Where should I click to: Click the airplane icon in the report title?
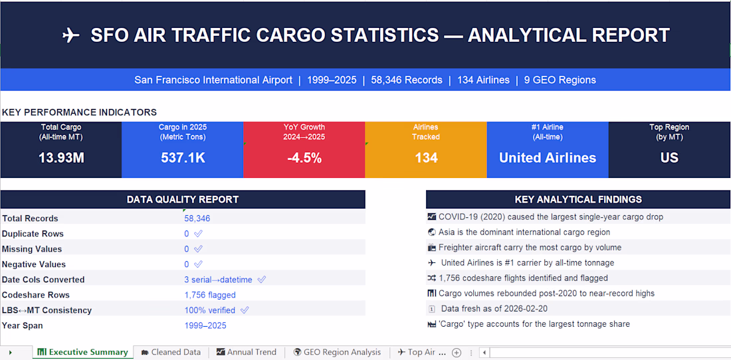tap(71, 36)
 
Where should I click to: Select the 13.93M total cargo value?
tap(61, 158)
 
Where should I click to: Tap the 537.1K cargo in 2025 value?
tap(182, 158)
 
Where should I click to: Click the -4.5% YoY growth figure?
tap(304, 158)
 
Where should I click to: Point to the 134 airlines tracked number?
tap(426, 158)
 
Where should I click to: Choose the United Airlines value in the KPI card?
tap(548, 158)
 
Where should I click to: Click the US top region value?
tap(669, 158)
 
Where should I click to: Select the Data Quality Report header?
tap(183, 199)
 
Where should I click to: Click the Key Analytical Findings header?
tap(578, 199)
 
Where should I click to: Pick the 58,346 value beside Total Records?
tap(197, 219)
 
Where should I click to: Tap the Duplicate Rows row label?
tap(33, 234)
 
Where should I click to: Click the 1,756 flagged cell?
tap(210, 295)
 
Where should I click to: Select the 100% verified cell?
tap(210, 310)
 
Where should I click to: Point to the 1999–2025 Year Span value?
tap(205, 325)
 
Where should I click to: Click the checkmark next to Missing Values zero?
tap(198, 249)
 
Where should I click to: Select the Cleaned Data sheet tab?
tap(171, 352)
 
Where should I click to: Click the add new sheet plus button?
tap(457, 353)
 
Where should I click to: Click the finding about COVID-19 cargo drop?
tap(550, 217)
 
